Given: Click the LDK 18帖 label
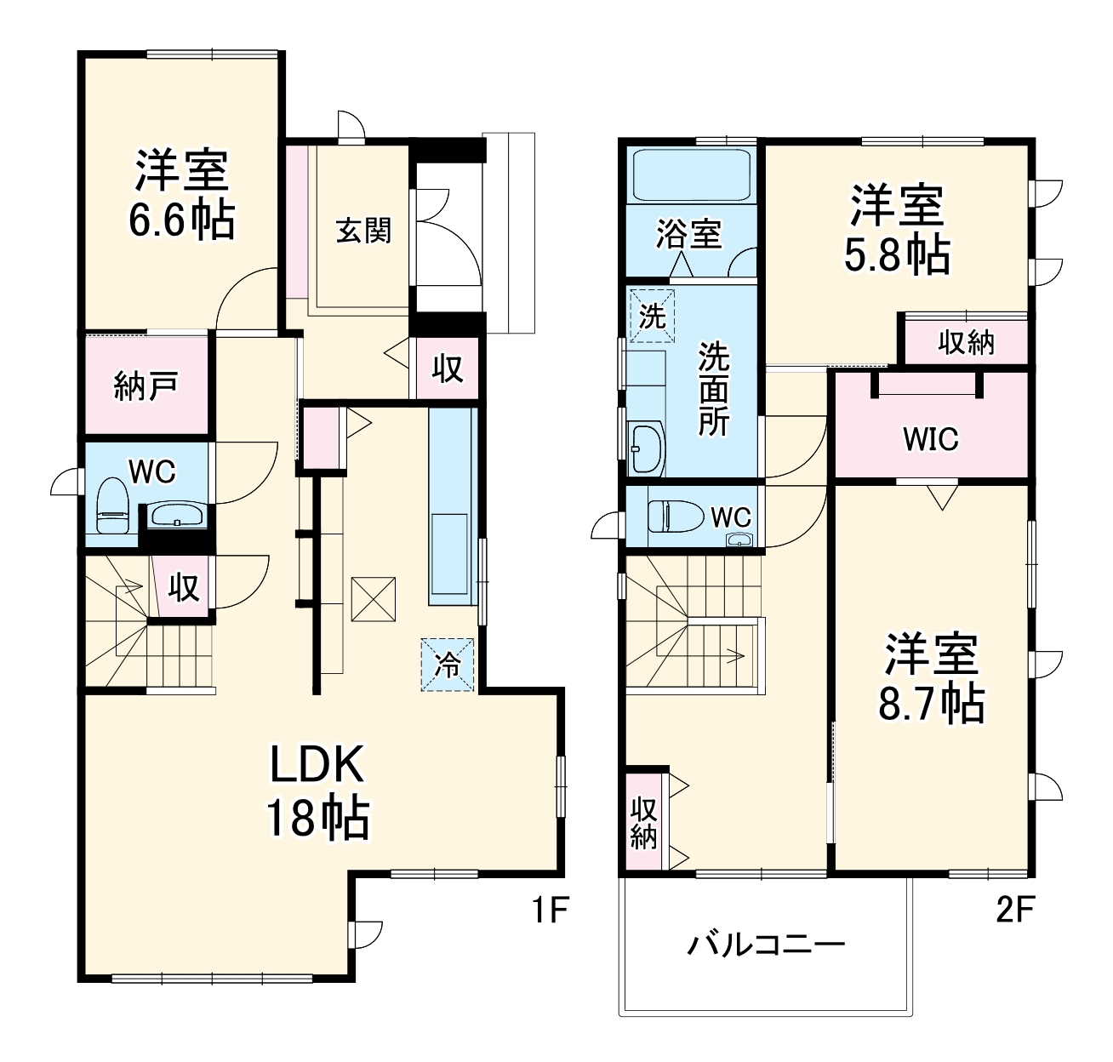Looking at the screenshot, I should click(x=317, y=791).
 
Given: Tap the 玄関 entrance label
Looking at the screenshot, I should click(x=363, y=230).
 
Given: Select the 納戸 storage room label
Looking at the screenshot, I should click(x=146, y=386).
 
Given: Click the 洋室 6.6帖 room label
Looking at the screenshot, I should click(x=181, y=195).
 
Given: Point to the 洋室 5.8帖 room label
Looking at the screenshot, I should click(x=897, y=229).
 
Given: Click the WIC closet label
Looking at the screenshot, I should click(x=931, y=439).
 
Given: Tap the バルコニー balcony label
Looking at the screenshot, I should click(x=766, y=945).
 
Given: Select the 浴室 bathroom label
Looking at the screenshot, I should click(x=688, y=234).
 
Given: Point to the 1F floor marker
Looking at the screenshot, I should click(x=550, y=911).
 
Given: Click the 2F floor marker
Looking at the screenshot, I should click(x=1014, y=911).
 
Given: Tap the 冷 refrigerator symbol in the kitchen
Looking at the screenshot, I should click(x=448, y=665).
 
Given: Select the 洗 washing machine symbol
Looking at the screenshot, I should click(x=652, y=316).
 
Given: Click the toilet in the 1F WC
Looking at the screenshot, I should click(x=111, y=505).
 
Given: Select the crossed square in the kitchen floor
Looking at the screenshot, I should click(x=374, y=599).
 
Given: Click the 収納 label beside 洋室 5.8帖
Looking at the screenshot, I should click(x=966, y=342).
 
